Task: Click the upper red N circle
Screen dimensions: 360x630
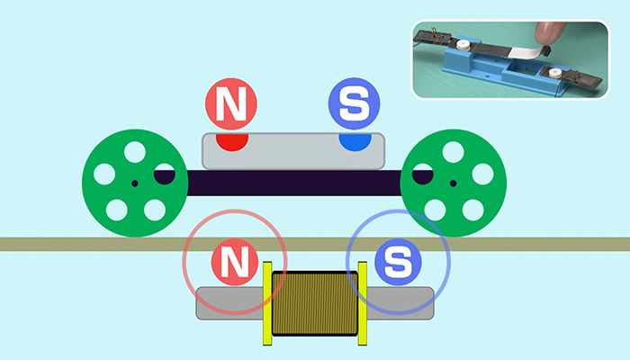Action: (x=231, y=104)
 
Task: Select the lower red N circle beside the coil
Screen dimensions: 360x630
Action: (x=234, y=264)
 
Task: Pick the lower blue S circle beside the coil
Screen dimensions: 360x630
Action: (x=396, y=264)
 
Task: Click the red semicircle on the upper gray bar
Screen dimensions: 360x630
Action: (x=231, y=141)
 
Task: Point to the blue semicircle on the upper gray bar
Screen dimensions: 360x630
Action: (x=355, y=141)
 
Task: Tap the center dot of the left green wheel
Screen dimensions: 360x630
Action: (x=134, y=184)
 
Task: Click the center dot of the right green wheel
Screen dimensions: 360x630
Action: (x=453, y=184)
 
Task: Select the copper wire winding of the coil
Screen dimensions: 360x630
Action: (x=315, y=303)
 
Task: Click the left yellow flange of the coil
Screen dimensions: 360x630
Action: (x=267, y=303)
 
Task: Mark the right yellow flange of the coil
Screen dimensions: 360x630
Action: (x=363, y=303)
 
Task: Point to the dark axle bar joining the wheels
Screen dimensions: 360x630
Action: (x=288, y=184)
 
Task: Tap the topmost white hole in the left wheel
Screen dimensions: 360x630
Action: (x=134, y=152)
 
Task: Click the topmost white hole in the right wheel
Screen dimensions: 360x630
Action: (x=453, y=152)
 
